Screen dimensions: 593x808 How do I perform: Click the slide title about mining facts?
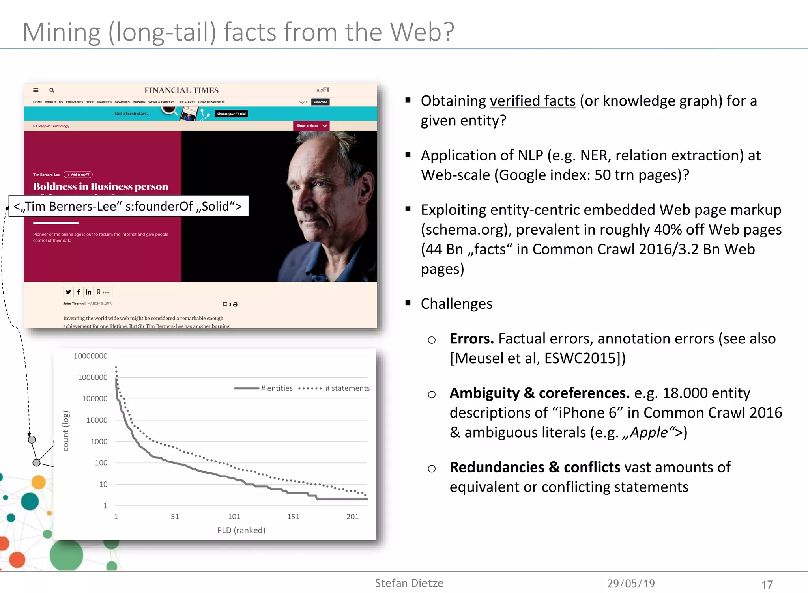pyautogui.click(x=238, y=32)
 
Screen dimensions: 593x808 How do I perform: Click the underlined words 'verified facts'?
pyautogui.click(x=533, y=101)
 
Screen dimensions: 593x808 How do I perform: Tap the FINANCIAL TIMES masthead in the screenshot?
pyautogui.click(x=181, y=90)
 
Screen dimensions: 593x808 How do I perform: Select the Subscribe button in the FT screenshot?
pyautogui.click(x=320, y=102)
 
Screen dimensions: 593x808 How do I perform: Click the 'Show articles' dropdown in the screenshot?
pyautogui.click(x=311, y=126)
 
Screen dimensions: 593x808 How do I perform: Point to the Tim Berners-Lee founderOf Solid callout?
pyautogui.click(x=128, y=206)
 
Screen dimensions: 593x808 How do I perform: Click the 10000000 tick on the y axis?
pyautogui.click(x=90, y=356)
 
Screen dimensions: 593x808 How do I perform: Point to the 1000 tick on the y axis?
pyautogui.click(x=99, y=442)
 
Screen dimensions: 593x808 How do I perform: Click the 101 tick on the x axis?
pyautogui.click(x=234, y=517)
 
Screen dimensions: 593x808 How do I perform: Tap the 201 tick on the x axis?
pyautogui.click(x=352, y=517)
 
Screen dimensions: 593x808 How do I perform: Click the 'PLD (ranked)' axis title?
pyautogui.click(x=241, y=530)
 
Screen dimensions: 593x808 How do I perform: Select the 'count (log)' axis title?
pyautogui.click(x=66, y=431)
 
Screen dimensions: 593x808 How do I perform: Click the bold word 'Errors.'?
pyautogui.click(x=471, y=339)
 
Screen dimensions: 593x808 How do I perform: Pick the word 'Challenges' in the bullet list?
pyautogui.click(x=456, y=304)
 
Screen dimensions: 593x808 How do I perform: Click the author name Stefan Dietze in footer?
pyautogui.click(x=409, y=583)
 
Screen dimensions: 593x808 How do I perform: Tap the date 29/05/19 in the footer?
pyautogui.click(x=630, y=584)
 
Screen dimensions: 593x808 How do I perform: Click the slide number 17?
pyautogui.click(x=767, y=584)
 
